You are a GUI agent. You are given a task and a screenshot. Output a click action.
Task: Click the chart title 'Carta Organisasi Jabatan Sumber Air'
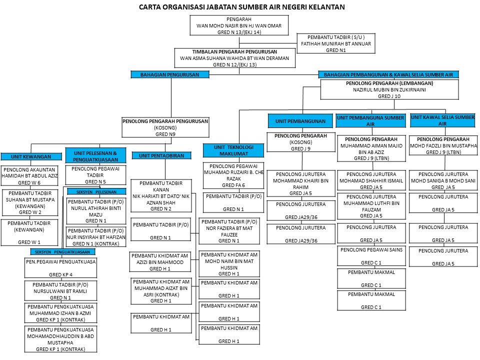[241, 7]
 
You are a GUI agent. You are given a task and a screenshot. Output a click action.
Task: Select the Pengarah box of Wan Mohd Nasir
[239, 25]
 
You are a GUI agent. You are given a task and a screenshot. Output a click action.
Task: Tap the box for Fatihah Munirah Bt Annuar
[335, 43]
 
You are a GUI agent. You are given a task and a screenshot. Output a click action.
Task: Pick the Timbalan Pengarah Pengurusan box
[234, 58]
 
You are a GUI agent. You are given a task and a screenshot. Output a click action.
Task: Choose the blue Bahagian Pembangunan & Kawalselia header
[388, 74]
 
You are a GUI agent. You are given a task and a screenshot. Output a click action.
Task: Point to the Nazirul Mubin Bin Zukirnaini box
[389, 89]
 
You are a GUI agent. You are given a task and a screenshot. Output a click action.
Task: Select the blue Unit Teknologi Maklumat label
[233, 150]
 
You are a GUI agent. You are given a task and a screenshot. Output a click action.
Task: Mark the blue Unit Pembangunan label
[300, 121]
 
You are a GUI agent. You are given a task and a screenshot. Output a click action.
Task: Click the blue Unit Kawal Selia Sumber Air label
[442, 120]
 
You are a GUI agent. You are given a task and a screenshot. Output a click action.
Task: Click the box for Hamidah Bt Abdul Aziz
[30, 176]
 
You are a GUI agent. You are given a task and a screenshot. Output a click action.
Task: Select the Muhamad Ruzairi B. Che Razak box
[233, 175]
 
